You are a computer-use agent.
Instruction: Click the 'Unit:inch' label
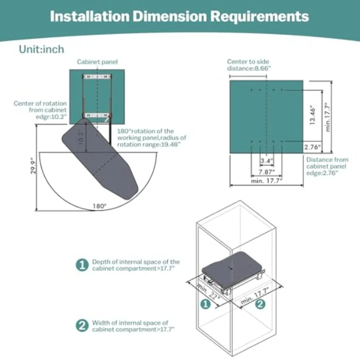41,50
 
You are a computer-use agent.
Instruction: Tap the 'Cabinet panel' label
97,62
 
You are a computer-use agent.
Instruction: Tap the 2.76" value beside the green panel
312,147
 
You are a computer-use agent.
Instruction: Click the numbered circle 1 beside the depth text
82,265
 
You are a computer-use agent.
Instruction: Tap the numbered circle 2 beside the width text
82,326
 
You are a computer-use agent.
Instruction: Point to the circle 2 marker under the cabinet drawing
260,304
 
